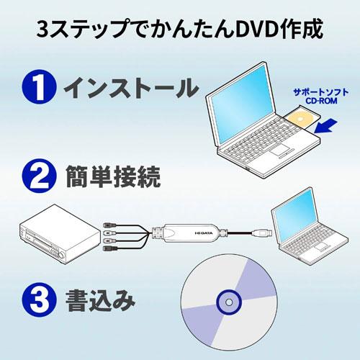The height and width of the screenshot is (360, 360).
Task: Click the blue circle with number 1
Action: point(40,89)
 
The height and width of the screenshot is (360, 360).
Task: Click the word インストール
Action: point(130,89)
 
